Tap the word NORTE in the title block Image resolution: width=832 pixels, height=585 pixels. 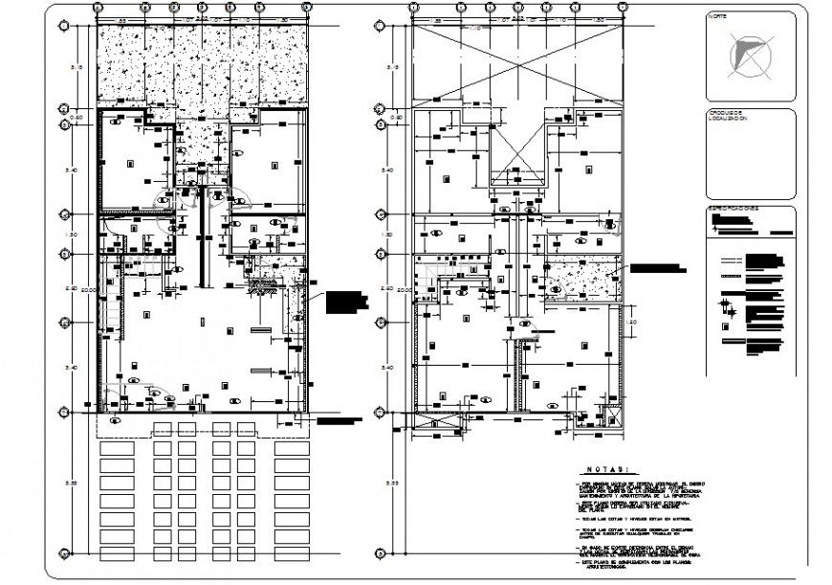[x=717, y=17]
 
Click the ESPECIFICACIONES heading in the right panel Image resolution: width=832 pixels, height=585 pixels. [x=733, y=208]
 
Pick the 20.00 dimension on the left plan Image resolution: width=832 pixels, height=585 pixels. [x=85, y=289]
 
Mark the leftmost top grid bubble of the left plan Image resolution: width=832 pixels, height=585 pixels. [x=99, y=8]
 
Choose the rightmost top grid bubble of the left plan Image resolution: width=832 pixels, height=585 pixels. [x=305, y=8]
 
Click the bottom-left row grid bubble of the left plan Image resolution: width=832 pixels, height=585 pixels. [x=65, y=552]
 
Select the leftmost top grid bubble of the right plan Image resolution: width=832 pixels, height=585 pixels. [x=413, y=8]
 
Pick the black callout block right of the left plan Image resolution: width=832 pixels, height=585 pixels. [x=346, y=302]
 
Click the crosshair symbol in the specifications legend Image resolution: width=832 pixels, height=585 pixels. [x=729, y=308]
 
